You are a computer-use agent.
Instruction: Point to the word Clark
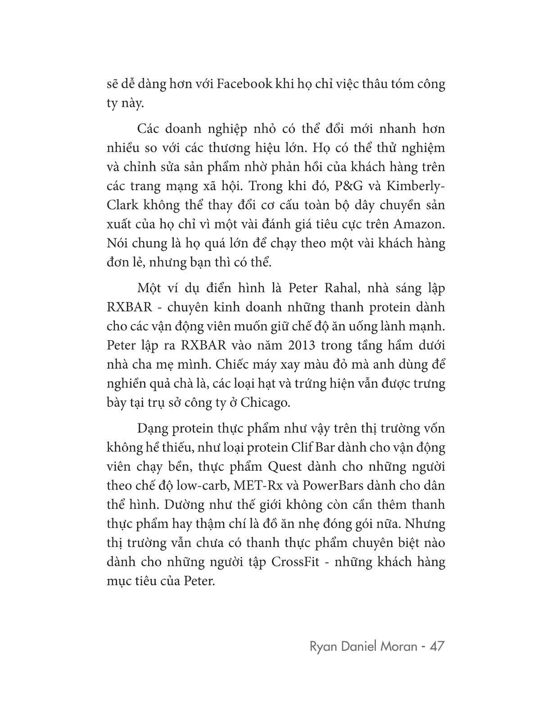[x=121, y=205]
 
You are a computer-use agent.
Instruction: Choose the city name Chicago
[x=265, y=403]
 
